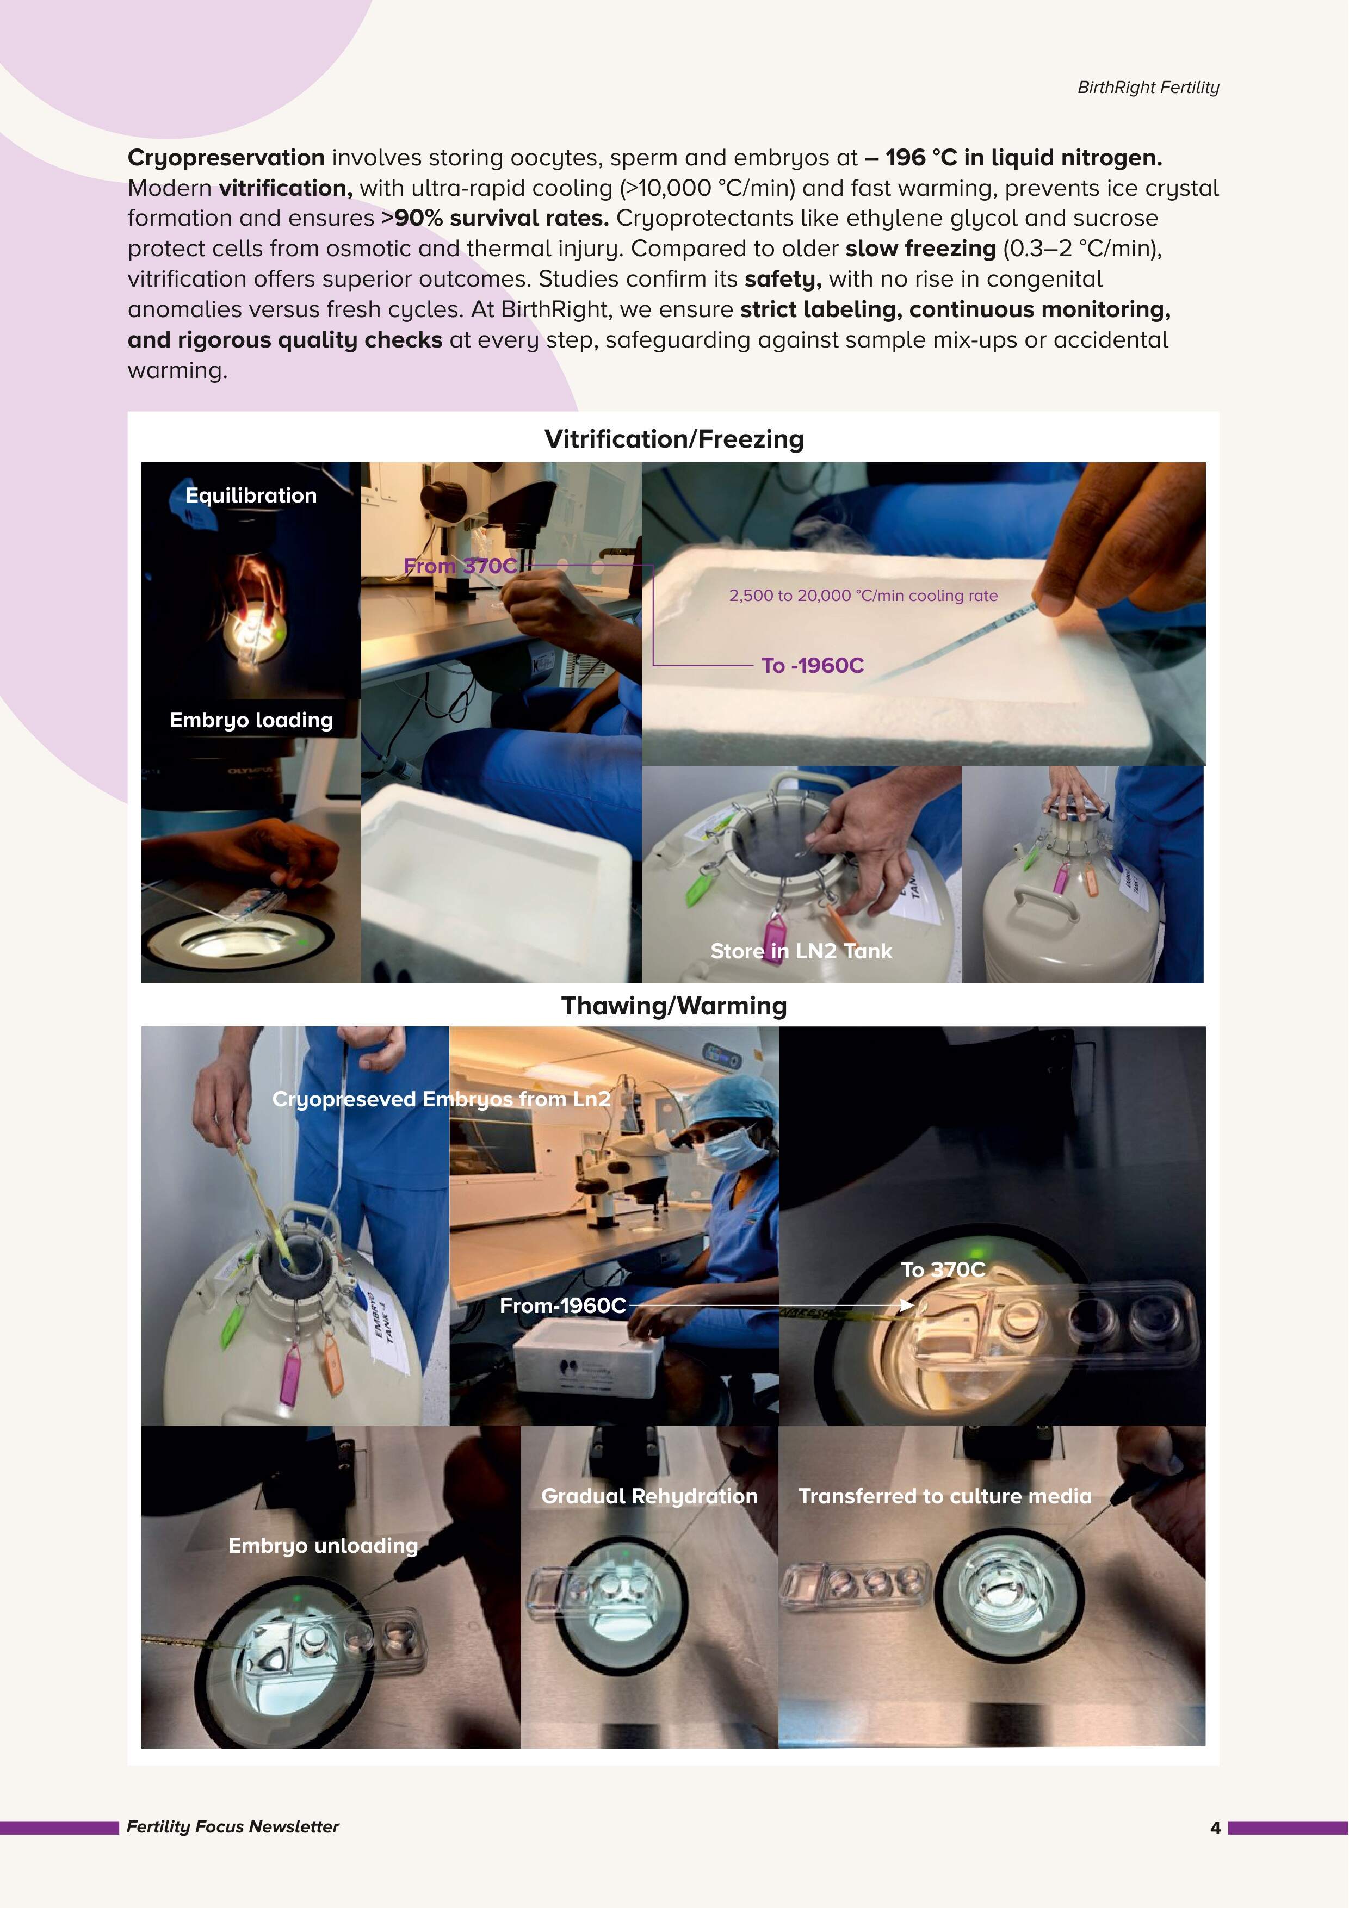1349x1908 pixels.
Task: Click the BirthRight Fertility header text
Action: tap(1147, 87)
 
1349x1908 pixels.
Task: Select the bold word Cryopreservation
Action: tap(226, 158)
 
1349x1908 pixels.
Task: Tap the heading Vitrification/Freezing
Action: tap(673, 439)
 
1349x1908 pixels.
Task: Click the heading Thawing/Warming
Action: tap(673, 1006)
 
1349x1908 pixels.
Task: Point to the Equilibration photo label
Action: tap(251, 495)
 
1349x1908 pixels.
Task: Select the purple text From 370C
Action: tap(460, 566)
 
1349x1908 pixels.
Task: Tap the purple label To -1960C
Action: tap(812, 666)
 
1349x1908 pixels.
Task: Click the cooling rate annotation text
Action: tap(863, 596)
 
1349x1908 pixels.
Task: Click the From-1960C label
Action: tap(562, 1305)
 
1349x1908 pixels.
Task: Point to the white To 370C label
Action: tap(943, 1270)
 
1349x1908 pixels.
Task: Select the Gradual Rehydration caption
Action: tap(649, 1496)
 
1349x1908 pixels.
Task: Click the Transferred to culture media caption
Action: tap(944, 1496)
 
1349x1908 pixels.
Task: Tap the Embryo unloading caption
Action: tap(323, 1546)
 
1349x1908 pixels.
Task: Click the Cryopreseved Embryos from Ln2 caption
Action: tap(441, 1099)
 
